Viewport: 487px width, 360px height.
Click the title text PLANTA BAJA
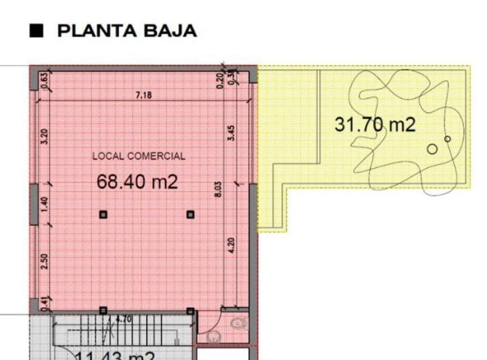coord(127,30)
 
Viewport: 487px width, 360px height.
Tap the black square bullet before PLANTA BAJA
coord(38,30)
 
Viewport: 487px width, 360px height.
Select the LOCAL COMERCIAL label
coord(139,156)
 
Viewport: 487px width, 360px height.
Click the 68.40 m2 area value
coord(138,181)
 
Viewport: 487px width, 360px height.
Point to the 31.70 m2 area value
coord(375,125)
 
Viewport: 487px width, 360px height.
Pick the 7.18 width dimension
coord(143,95)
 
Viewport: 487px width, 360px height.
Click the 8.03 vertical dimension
coord(218,189)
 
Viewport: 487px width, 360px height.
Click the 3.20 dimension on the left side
coord(45,138)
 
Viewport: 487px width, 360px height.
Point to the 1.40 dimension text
coord(45,202)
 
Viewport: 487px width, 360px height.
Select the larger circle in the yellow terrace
coord(432,149)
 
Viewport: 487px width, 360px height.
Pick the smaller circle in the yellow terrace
coord(447,139)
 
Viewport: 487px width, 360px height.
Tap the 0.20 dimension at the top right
coord(219,80)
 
